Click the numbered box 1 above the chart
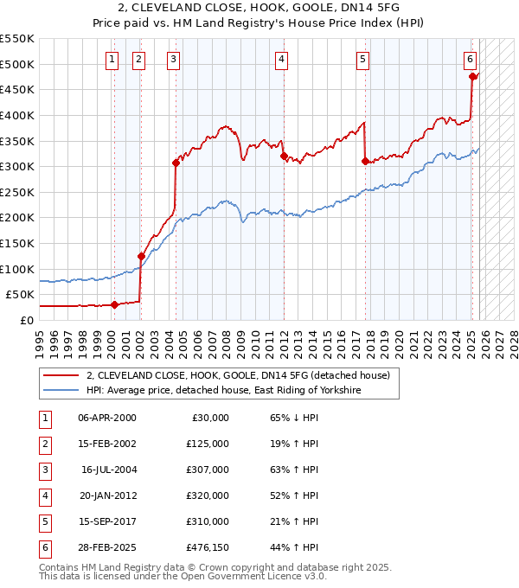point(112,59)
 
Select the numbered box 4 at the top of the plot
point(282,59)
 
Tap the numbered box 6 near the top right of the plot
point(470,59)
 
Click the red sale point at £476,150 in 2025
point(473,76)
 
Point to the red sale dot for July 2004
point(176,163)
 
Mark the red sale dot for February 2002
point(141,256)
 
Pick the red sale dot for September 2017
point(365,161)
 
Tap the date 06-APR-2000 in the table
point(106,418)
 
